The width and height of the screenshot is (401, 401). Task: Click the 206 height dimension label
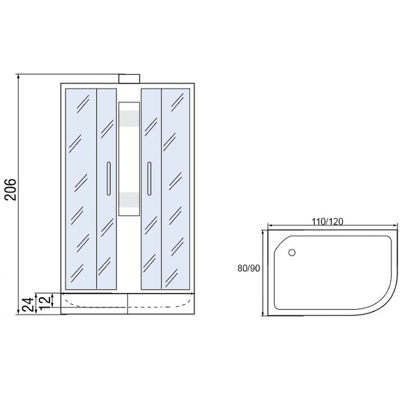(x=11, y=189)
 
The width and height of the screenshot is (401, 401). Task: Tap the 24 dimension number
(x=28, y=304)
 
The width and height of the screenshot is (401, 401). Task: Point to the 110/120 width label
(x=327, y=221)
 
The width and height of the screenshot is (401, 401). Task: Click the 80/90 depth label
(x=249, y=268)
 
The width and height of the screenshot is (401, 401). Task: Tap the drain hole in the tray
(x=292, y=253)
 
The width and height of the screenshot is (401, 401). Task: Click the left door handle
(x=109, y=178)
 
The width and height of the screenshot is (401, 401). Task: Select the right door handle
(x=149, y=178)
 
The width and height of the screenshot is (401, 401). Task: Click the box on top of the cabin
(x=129, y=79)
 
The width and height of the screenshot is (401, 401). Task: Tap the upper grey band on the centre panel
(x=129, y=119)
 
